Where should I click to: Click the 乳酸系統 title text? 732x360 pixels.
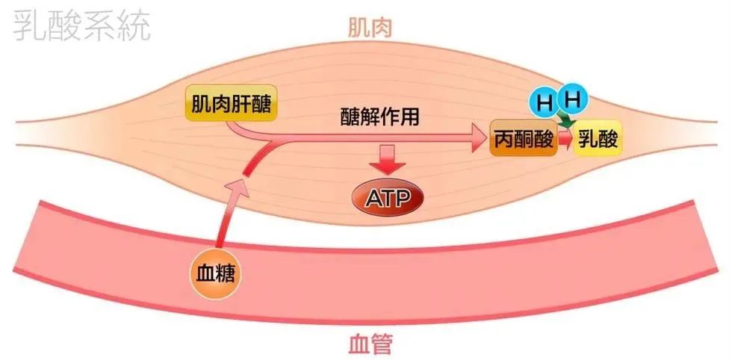pos(81,25)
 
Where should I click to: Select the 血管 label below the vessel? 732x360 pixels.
pos(370,344)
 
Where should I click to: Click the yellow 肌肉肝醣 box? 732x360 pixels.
pos(232,103)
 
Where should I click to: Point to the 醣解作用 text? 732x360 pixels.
pos(379,119)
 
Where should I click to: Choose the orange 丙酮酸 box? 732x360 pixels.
pos(524,137)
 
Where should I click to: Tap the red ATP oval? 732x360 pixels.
pos(388,198)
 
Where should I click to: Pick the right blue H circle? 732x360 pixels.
pos(572,99)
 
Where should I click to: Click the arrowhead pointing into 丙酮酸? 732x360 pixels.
pos(479,138)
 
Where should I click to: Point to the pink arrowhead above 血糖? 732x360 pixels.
pos(237,189)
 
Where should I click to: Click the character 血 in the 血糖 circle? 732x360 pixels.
pos(205,274)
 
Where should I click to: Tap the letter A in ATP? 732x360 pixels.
pos(373,199)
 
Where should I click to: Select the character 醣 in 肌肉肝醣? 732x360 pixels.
pos(261,104)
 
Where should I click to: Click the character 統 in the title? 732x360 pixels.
pos(134,25)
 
